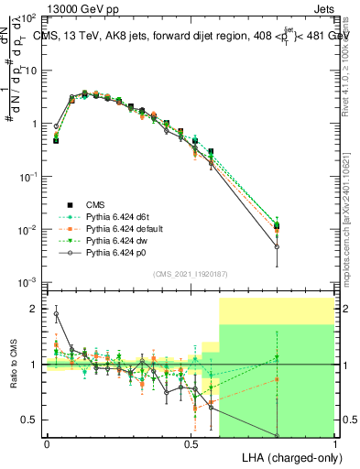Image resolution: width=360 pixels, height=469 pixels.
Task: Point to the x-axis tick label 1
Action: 334,442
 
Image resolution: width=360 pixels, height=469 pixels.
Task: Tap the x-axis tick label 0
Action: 47,442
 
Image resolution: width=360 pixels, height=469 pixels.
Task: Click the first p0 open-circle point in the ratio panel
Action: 56,313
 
